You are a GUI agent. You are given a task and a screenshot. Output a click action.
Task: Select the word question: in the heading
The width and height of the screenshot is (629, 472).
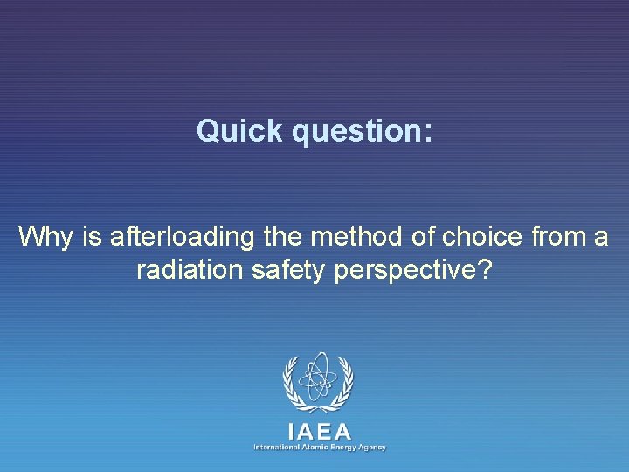363,132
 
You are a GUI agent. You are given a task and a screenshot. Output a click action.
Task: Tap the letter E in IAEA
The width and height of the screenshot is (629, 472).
320,431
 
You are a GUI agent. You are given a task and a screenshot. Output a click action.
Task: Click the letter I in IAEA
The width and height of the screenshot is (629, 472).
291,431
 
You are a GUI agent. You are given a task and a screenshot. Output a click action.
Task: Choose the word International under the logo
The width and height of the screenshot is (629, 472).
274,447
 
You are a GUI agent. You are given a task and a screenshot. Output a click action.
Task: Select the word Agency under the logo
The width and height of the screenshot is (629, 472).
373,447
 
